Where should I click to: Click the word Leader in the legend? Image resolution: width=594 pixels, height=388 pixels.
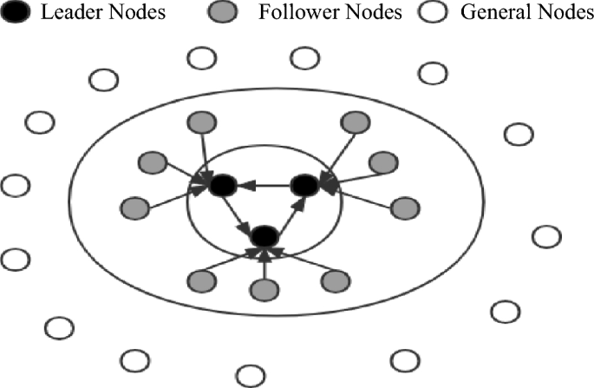coord(65,15)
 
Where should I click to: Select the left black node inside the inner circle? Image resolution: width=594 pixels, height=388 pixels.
coord(222,185)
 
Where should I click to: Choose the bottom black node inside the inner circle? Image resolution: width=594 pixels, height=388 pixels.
coord(264,235)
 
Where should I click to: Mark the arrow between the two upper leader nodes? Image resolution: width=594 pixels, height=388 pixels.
coord(263,185)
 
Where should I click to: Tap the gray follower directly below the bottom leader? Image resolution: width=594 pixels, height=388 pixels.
coord(264,291)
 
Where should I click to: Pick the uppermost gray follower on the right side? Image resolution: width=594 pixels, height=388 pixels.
coord(353,122)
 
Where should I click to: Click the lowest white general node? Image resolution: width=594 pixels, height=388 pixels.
coord(251,375)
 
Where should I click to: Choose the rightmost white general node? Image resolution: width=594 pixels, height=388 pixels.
coord(545,236)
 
